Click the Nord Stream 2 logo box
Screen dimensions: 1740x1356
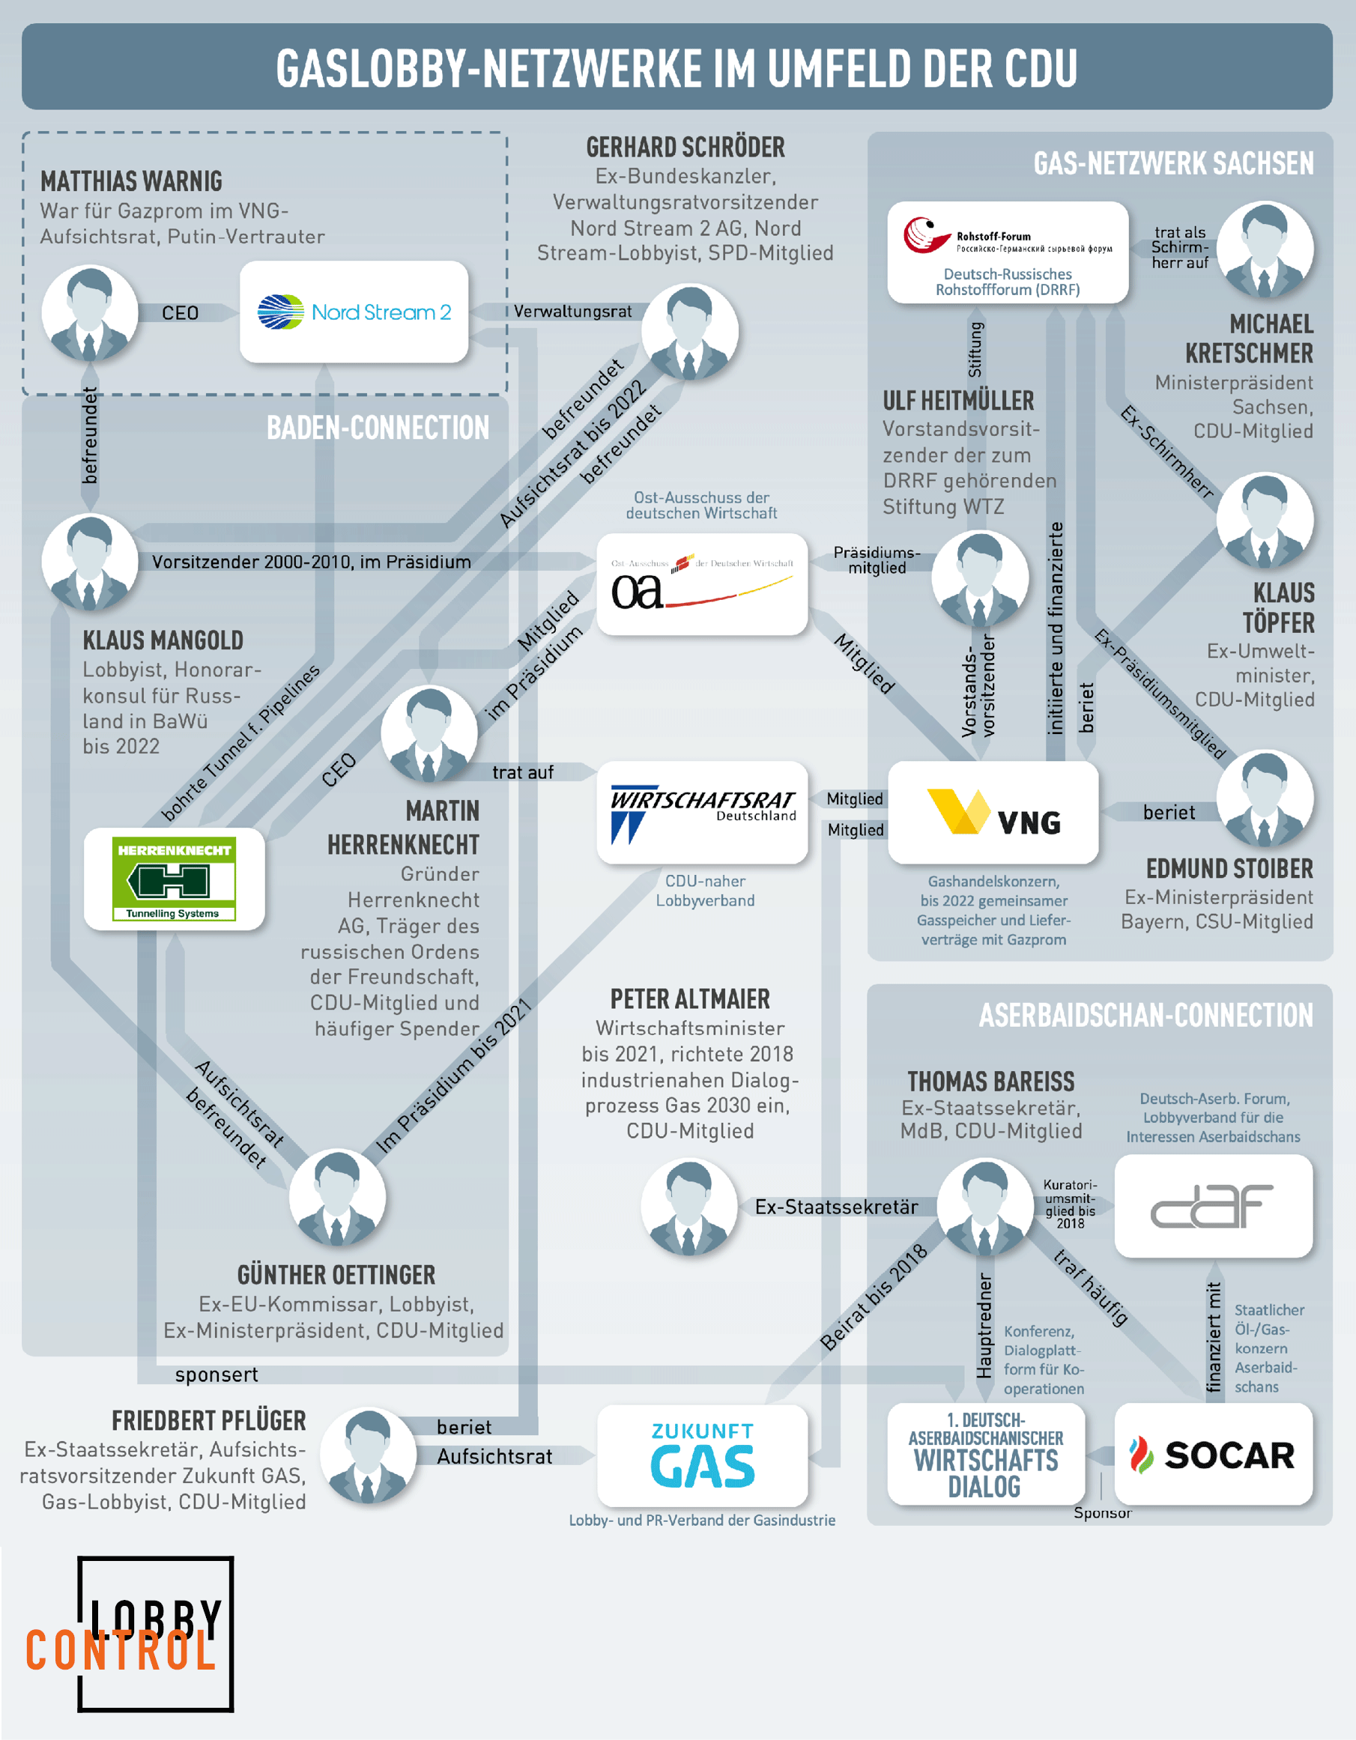(x=354, y=312)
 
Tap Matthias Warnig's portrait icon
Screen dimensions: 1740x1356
(x=89, y=313)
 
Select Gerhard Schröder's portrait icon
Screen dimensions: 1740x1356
(x=689, y=331)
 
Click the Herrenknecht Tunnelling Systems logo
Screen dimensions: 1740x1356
(x=174, y=879)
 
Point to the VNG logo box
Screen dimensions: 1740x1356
(x=993, y=812)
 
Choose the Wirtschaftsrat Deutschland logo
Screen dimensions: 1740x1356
(x=702, y=812)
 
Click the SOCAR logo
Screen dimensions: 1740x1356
(x=1213, y=1455)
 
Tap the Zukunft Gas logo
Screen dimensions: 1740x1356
(x=702, y=1455)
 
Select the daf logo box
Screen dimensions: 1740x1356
(x=1213, y=1205)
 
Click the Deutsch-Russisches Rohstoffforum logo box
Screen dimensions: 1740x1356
(x=1008, y=252)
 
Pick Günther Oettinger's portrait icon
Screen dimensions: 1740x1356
(x=337, y=1197)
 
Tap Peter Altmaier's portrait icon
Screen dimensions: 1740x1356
(x=689, y=1206)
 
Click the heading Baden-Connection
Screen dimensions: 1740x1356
(x=378, y=428)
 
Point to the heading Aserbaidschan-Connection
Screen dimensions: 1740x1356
(x=1145, y=1015)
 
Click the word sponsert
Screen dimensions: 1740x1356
(x=216, y=1374)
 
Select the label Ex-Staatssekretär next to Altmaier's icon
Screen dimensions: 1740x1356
(x=836, y=1206)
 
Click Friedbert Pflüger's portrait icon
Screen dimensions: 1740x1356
(x=368, y=1455)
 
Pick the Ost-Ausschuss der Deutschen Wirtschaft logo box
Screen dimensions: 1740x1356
(x=702, y=584)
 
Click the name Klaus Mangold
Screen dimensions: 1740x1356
(x=163, y=640)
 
